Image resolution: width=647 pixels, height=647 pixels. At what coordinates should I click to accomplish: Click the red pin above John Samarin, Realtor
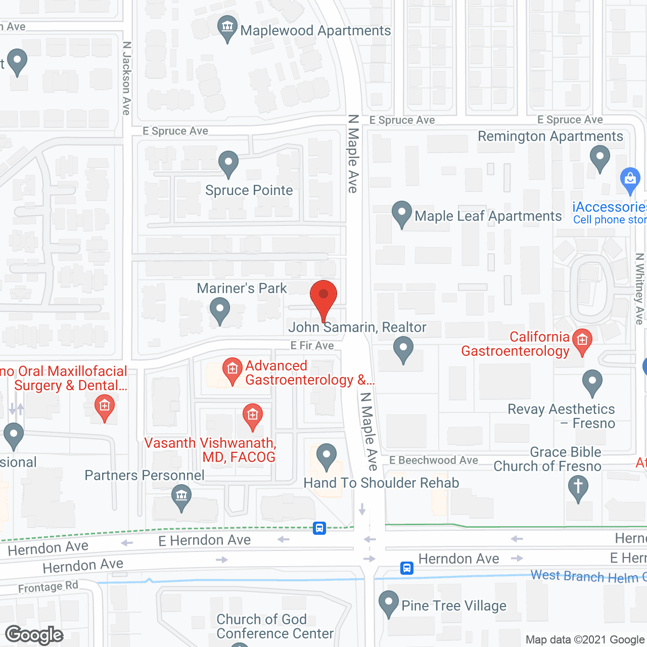(323, 298)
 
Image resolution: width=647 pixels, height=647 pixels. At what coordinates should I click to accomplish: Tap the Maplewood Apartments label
(315, 31)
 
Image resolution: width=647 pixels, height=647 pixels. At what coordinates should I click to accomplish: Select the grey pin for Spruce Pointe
(228, 163)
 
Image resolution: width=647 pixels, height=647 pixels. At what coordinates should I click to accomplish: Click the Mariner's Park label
(242, 288)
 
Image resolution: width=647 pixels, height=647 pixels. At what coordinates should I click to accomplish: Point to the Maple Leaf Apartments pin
(402, 213)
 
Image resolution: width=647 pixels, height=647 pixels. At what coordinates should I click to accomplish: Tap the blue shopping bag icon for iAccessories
(630, 179)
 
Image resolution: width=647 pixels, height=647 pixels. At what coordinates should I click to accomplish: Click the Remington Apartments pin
(600, 158)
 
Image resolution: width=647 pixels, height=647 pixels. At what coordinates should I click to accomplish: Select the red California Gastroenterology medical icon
(582, 341)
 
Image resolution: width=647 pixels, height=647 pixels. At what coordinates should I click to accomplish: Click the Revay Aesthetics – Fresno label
(562, 416)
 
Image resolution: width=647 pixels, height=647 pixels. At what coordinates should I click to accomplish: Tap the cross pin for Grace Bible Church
(578, 488)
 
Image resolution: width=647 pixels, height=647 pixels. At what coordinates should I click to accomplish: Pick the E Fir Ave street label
(312, 346)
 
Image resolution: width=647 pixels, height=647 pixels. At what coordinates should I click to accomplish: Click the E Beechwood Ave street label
(434, 460)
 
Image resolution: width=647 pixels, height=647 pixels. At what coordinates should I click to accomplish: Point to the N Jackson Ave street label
(127, 78)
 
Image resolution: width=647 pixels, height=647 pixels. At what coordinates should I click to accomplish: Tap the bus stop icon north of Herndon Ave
(319, 528)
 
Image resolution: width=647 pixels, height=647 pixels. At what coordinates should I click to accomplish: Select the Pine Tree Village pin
(389, 603)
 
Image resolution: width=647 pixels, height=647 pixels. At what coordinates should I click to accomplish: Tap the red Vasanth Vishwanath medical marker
(253, 415)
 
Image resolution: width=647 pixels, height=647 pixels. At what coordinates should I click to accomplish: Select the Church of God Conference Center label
(275, 626)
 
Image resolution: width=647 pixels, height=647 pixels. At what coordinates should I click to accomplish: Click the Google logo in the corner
(34, 635)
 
